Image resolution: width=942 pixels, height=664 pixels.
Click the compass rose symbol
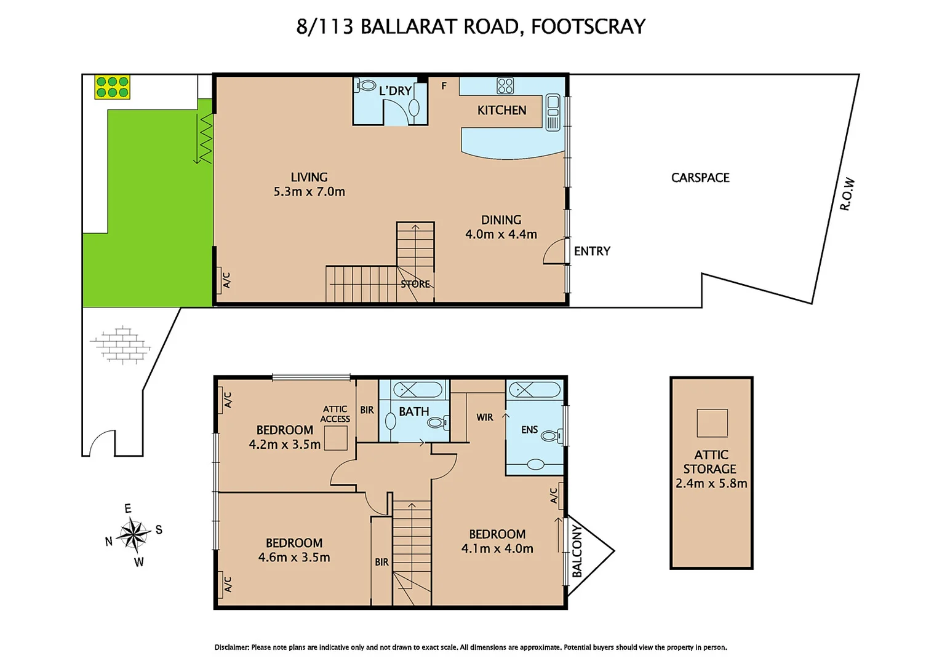(x=132, y=534)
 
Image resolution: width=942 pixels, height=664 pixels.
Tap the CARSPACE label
(x=700, y=178)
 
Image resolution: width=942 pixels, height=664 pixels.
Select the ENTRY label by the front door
(x=592, y=251)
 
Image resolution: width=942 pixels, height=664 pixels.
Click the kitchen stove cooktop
(x=505, y=85)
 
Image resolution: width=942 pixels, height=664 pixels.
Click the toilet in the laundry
(x=366, y=85)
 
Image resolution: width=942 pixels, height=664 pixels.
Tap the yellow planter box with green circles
(x=112, y=87)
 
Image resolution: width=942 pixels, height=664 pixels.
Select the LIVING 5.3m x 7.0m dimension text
(x=309, y=191)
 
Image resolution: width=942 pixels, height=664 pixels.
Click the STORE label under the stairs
(x=415, y=284)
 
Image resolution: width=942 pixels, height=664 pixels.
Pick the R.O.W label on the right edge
(x=847, y=194)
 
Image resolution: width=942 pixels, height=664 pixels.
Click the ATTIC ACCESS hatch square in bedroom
(x=336, y=438)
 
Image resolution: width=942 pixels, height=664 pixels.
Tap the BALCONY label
(x=577, y=551)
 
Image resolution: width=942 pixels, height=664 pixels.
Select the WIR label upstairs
(x=485, y=417)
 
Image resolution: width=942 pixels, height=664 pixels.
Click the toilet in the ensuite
(x=550, y=436)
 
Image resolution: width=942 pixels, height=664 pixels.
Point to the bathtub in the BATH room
(x=418, y=389)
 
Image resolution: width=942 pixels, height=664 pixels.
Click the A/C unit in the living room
(x=219, y=280)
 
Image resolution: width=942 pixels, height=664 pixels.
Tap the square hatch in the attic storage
(x=712, y=423)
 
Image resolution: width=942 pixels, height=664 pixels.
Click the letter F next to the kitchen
(x=444, y=86)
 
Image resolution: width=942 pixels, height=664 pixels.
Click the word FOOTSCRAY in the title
(x=588, y=26)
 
